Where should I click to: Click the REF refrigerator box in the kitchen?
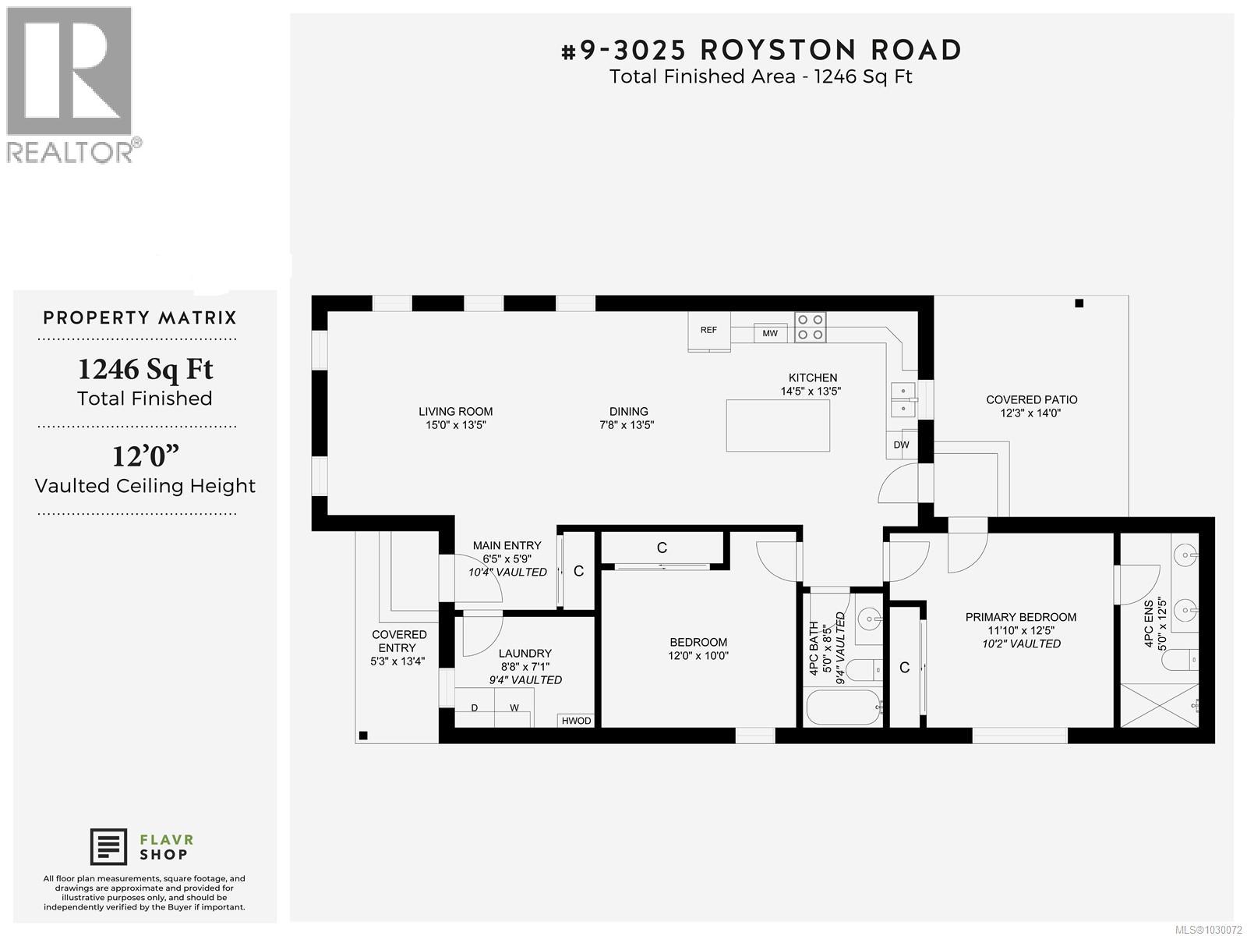[709, 331]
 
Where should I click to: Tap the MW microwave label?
[770, 334]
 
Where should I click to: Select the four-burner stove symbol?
[810, 327]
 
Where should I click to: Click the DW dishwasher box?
[901, 445]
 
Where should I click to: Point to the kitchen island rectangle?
[777, 425]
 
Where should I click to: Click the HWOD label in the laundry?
[576, 721]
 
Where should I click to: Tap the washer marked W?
[514, 708]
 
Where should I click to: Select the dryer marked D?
[475, 708]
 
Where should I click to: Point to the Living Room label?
[455, 412]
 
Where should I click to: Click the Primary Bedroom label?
[1020, 617]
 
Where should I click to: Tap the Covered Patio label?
[1031, 400]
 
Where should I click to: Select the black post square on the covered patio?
[1079, 303]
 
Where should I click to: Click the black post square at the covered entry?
[363, 735]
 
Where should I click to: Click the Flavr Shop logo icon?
[109, 847]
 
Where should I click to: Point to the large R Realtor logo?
[69, 71]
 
